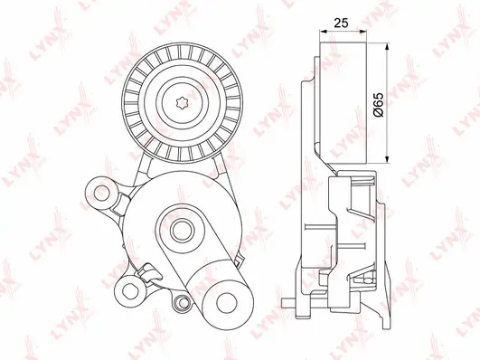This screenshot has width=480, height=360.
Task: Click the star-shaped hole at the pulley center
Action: pyautogui.click(x=183, y=101)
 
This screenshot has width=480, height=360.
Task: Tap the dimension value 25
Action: pyautogui.click(x=341, y=23)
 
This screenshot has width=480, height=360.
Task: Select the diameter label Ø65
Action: pyautogui.click(x=379, y=104)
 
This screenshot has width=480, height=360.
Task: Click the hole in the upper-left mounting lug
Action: pyautogui.click(x=101, y=193)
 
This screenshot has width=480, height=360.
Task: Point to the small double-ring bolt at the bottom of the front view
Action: pyautogui.click(x=183, y=303)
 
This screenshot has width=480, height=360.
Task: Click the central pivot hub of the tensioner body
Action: pyautogui.click(x=182, y=231)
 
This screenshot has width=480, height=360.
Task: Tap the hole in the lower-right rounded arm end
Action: pyautogui.click(x=227, y=303)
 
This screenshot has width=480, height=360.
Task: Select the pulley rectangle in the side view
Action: pyautogui.click(x=344, y=101)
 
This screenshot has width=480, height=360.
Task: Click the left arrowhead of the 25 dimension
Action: pyautogui.click(x=324, y=31)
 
